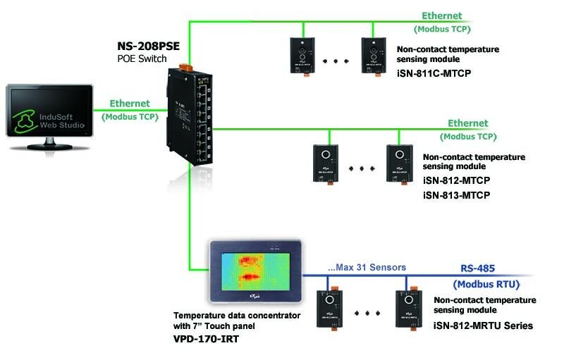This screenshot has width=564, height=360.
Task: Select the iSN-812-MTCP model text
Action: pos(456,180)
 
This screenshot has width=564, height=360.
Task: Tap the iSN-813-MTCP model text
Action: pos(456,194)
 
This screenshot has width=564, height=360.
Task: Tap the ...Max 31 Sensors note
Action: pos(362,268)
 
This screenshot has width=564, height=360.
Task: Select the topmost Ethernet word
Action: pos(441,15)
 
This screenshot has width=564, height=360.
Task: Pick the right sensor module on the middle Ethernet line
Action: pos(399,163)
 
